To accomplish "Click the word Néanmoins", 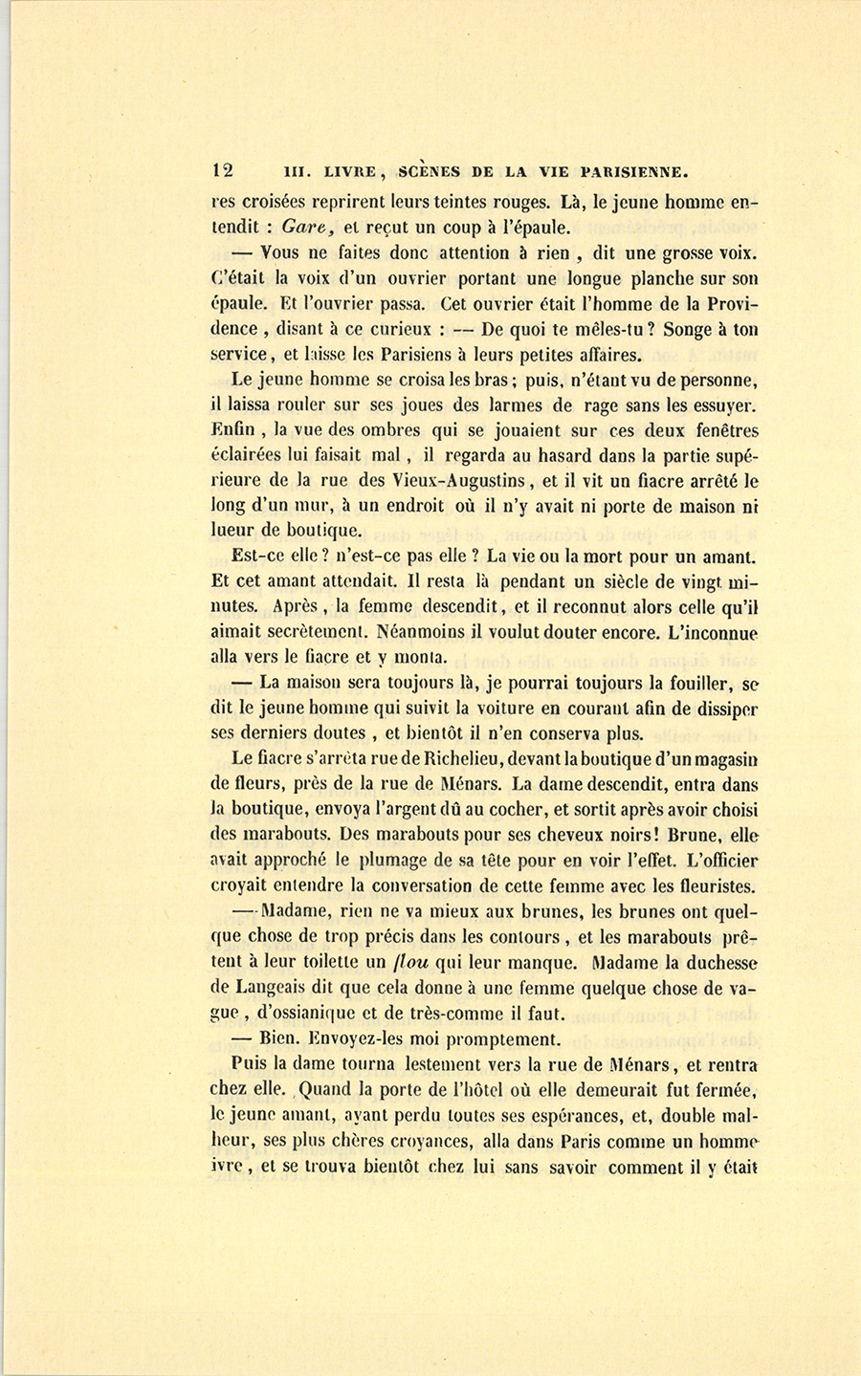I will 413,632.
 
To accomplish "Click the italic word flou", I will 415,962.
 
